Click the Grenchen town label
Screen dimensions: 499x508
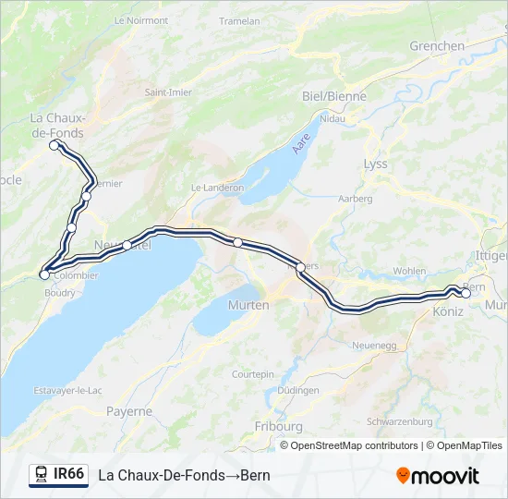[x=437, y=45]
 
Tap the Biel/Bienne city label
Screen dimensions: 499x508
[x=334, y=96]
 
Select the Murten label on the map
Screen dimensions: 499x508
[x=248, y=305]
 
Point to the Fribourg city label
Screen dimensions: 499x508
[x=278, y=426]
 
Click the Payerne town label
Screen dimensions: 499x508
[x=129, y=410]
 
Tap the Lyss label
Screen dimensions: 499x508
[x=376, y=164]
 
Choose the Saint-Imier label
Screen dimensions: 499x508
[x=167, y=92]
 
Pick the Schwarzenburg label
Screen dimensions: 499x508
[x=400, y=421]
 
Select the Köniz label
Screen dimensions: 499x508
[x=448, y=312]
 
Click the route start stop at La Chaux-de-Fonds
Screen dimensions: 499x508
[x=54, y=145]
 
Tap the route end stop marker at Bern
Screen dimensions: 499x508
[x=466, y=294]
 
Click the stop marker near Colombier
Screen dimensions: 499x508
[x=44, y=274]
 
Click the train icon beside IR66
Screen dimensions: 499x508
[x=42, y=474]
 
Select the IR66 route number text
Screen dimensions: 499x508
[x=69, y=474]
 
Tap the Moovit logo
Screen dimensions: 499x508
[x=438, y=476]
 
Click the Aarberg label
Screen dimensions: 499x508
[x=356, y=199]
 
